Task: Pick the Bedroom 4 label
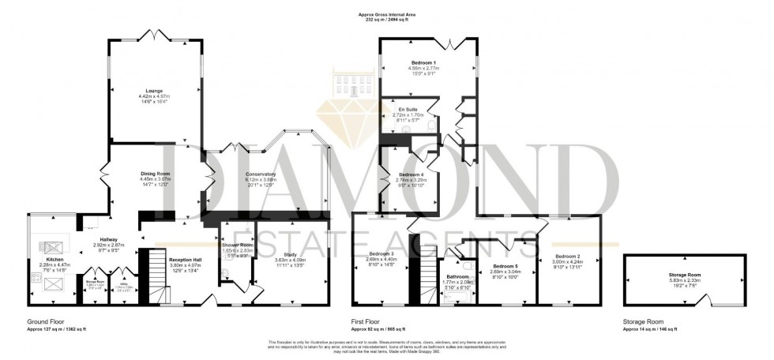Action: point(411,174)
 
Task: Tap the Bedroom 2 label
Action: point(567,257)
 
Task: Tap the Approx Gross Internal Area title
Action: point(386,13)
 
